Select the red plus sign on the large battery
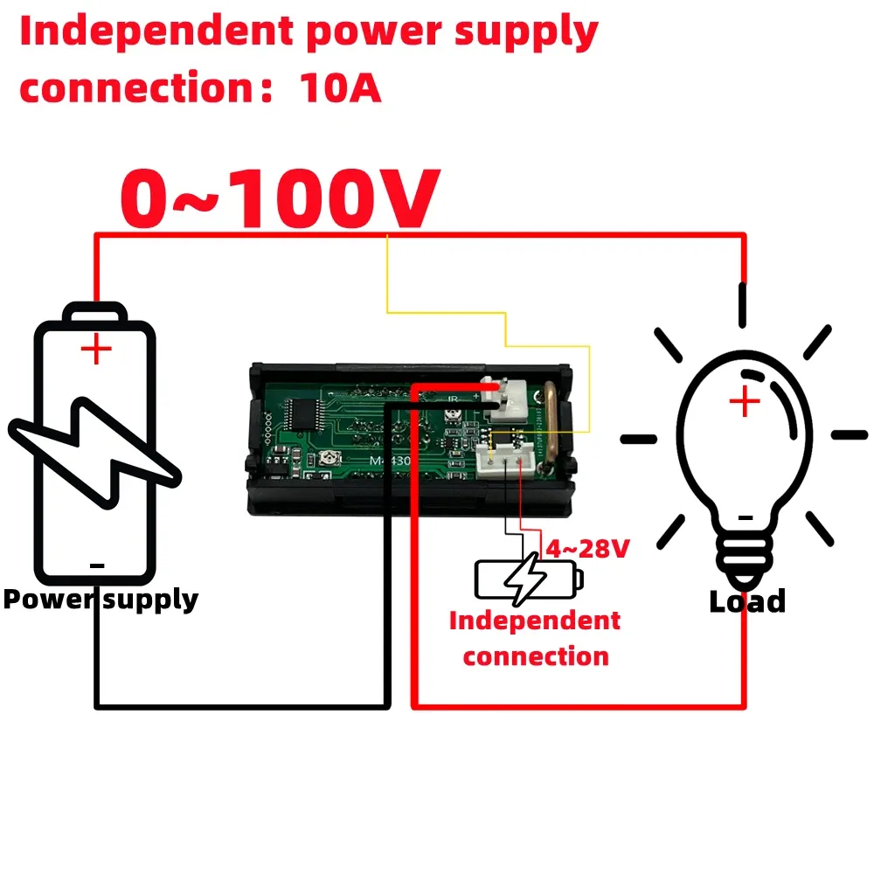click(96, 350)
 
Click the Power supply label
click(101, 600)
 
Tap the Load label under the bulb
click(746, 601)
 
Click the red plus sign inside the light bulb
click(745, 403)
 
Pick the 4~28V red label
click(587, 549)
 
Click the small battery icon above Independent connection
click(528, 578)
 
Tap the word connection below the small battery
click(535, 656)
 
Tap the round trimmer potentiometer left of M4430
click(331, 458)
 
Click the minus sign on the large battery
click(96, 566)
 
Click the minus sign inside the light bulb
click(745, 517)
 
